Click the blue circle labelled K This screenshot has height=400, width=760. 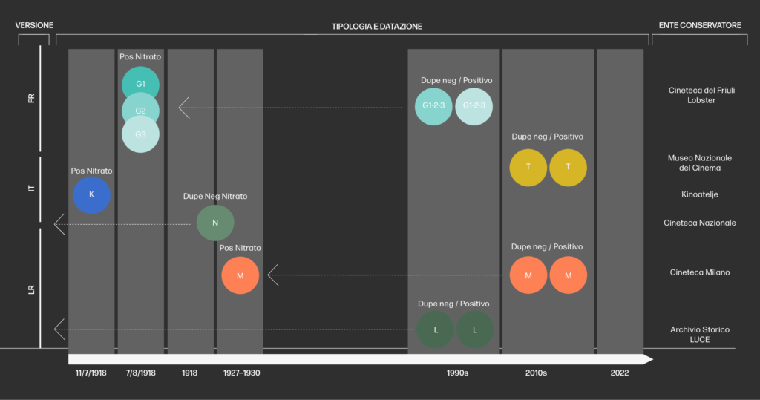tap(92, 195)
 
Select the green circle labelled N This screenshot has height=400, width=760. tap(215, 223)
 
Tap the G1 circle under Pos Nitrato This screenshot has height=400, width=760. tap(140, 85)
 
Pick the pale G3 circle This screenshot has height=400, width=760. tap(140, 135)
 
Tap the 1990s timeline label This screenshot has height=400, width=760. tap(457, 373)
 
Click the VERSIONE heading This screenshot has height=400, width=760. tap(34, 26)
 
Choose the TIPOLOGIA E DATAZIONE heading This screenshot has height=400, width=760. tap(376, 27)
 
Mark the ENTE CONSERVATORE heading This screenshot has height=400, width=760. tap(700, 26)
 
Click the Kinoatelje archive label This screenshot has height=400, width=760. tap(699, 194)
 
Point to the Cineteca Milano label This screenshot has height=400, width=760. tap(699, 272)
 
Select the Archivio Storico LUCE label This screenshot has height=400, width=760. tap(699, 334)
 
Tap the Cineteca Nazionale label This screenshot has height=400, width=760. tap(699, 223)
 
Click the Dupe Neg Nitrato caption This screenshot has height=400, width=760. tap(215, 197)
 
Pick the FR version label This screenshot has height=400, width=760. tap(31, 99)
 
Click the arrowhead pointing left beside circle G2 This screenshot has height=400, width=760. tap(183, 108)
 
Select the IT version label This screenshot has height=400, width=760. tap(31, 188)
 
